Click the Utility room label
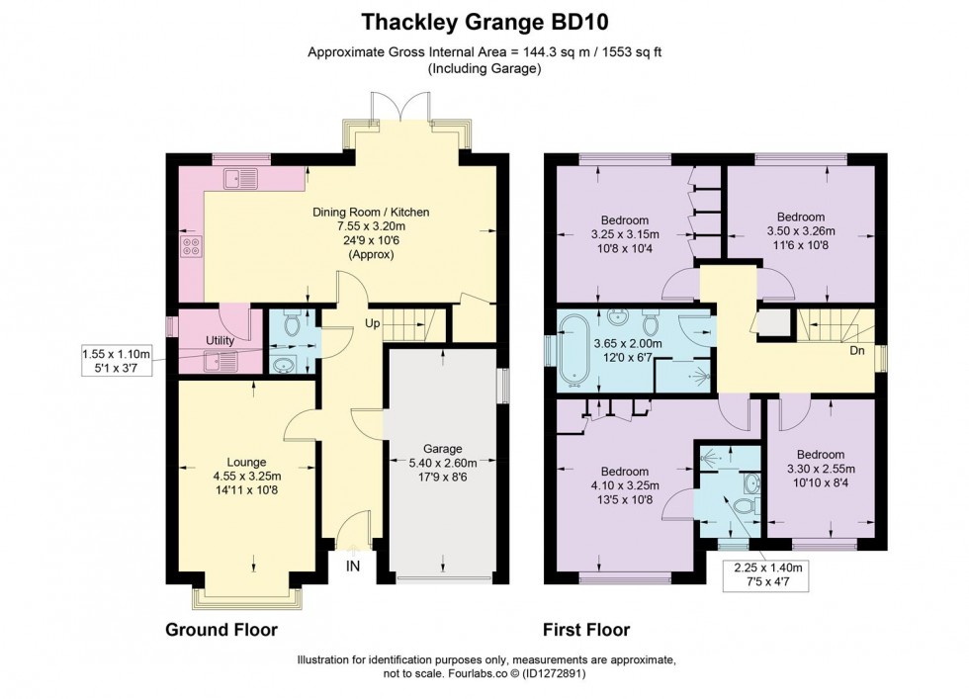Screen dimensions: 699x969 coord(219,340)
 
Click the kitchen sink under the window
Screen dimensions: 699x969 coord(240,179)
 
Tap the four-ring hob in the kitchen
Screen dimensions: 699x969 coord(190,247)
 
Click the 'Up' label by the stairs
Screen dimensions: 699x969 coord(374,322)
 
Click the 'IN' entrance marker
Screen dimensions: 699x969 coord(353,567)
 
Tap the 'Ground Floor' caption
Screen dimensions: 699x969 coord(220,629)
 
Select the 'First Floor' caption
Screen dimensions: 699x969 coord(585,629)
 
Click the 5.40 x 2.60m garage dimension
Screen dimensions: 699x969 coord(443,462)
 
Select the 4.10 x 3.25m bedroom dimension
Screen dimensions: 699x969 coord(625,484)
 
